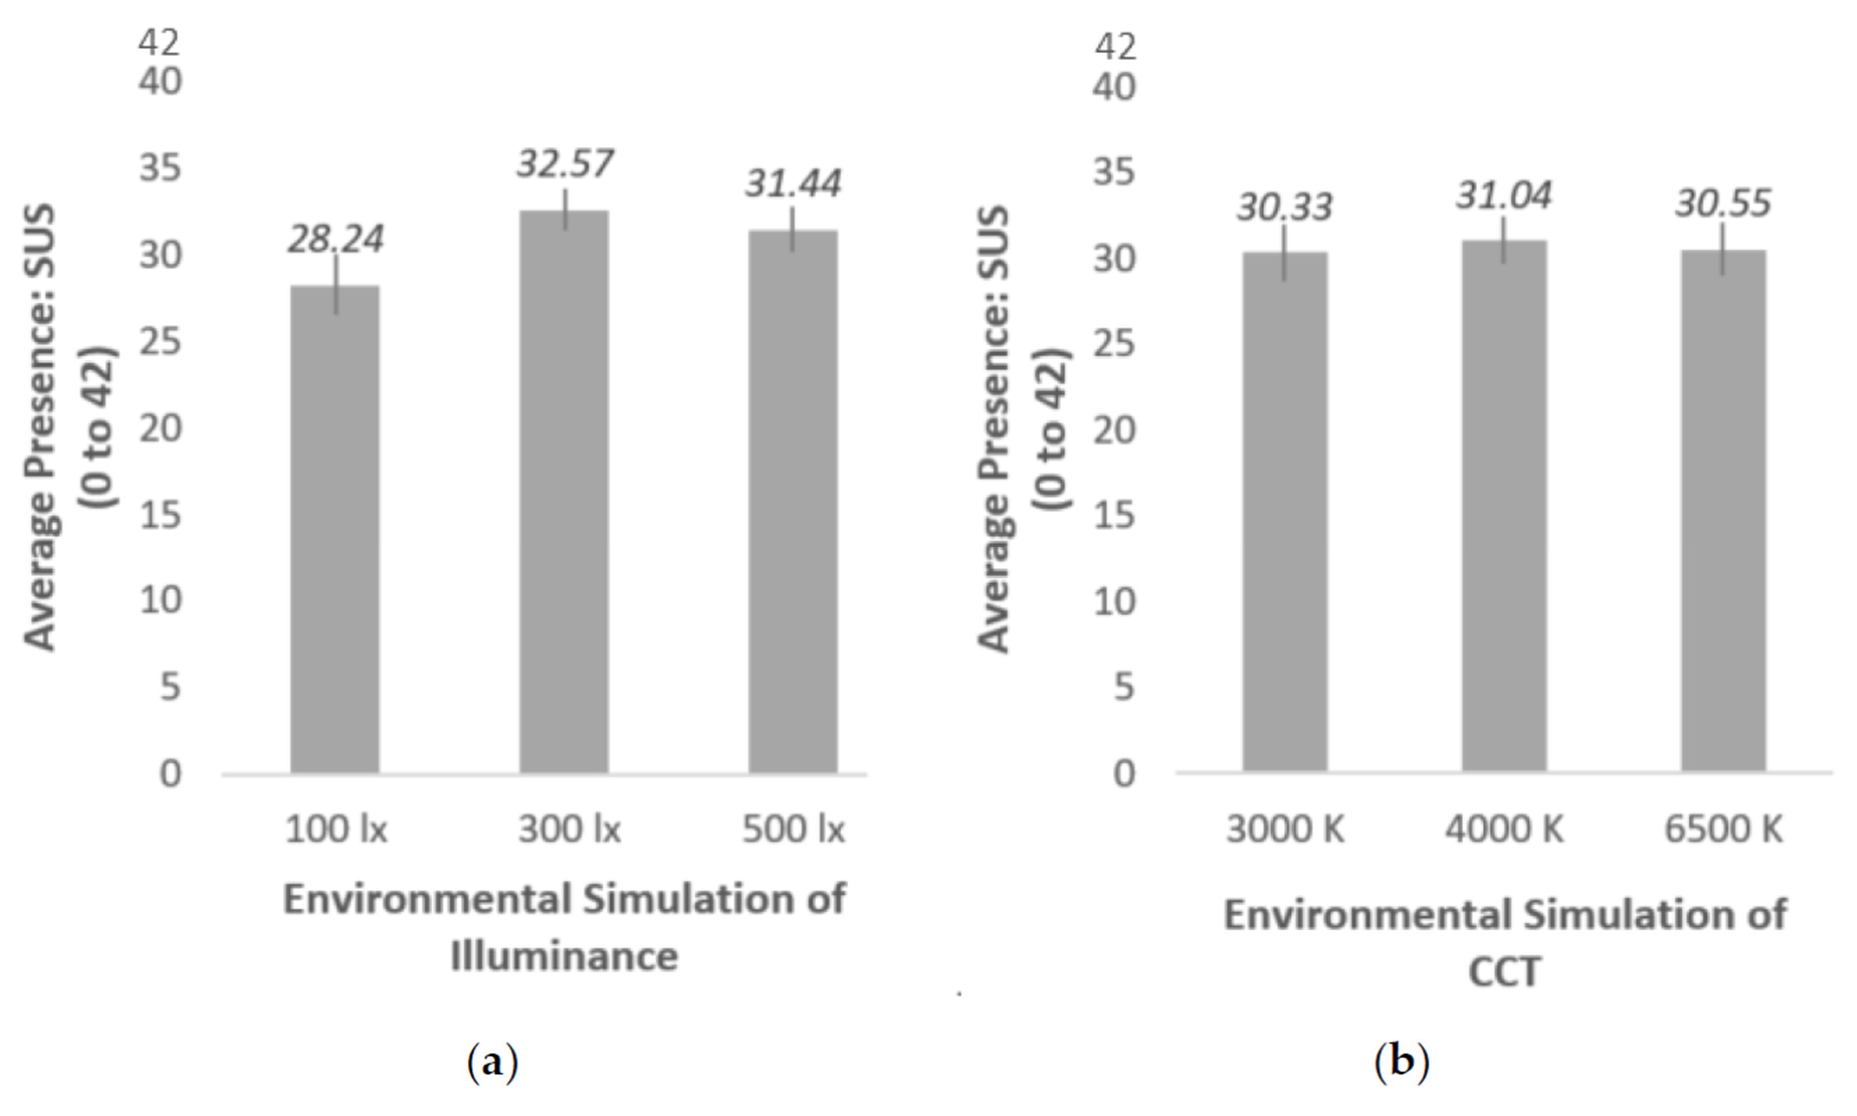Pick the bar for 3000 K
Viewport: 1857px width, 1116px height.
click(1285, 511)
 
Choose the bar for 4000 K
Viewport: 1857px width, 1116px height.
click(1504, 505)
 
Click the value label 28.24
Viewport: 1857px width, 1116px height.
click(336, 239)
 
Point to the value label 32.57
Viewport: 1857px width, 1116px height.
click(564, 164)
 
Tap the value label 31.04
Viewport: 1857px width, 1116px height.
click(1503, 196)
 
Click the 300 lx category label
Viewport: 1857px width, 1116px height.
click(569, 830)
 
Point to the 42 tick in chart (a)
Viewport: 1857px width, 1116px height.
click(159, 43)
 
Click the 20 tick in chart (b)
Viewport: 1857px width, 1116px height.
click(1114, 431)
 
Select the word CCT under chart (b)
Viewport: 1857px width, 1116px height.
click(1504, 972)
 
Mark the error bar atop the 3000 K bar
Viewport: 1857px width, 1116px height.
click(1285, 253)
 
